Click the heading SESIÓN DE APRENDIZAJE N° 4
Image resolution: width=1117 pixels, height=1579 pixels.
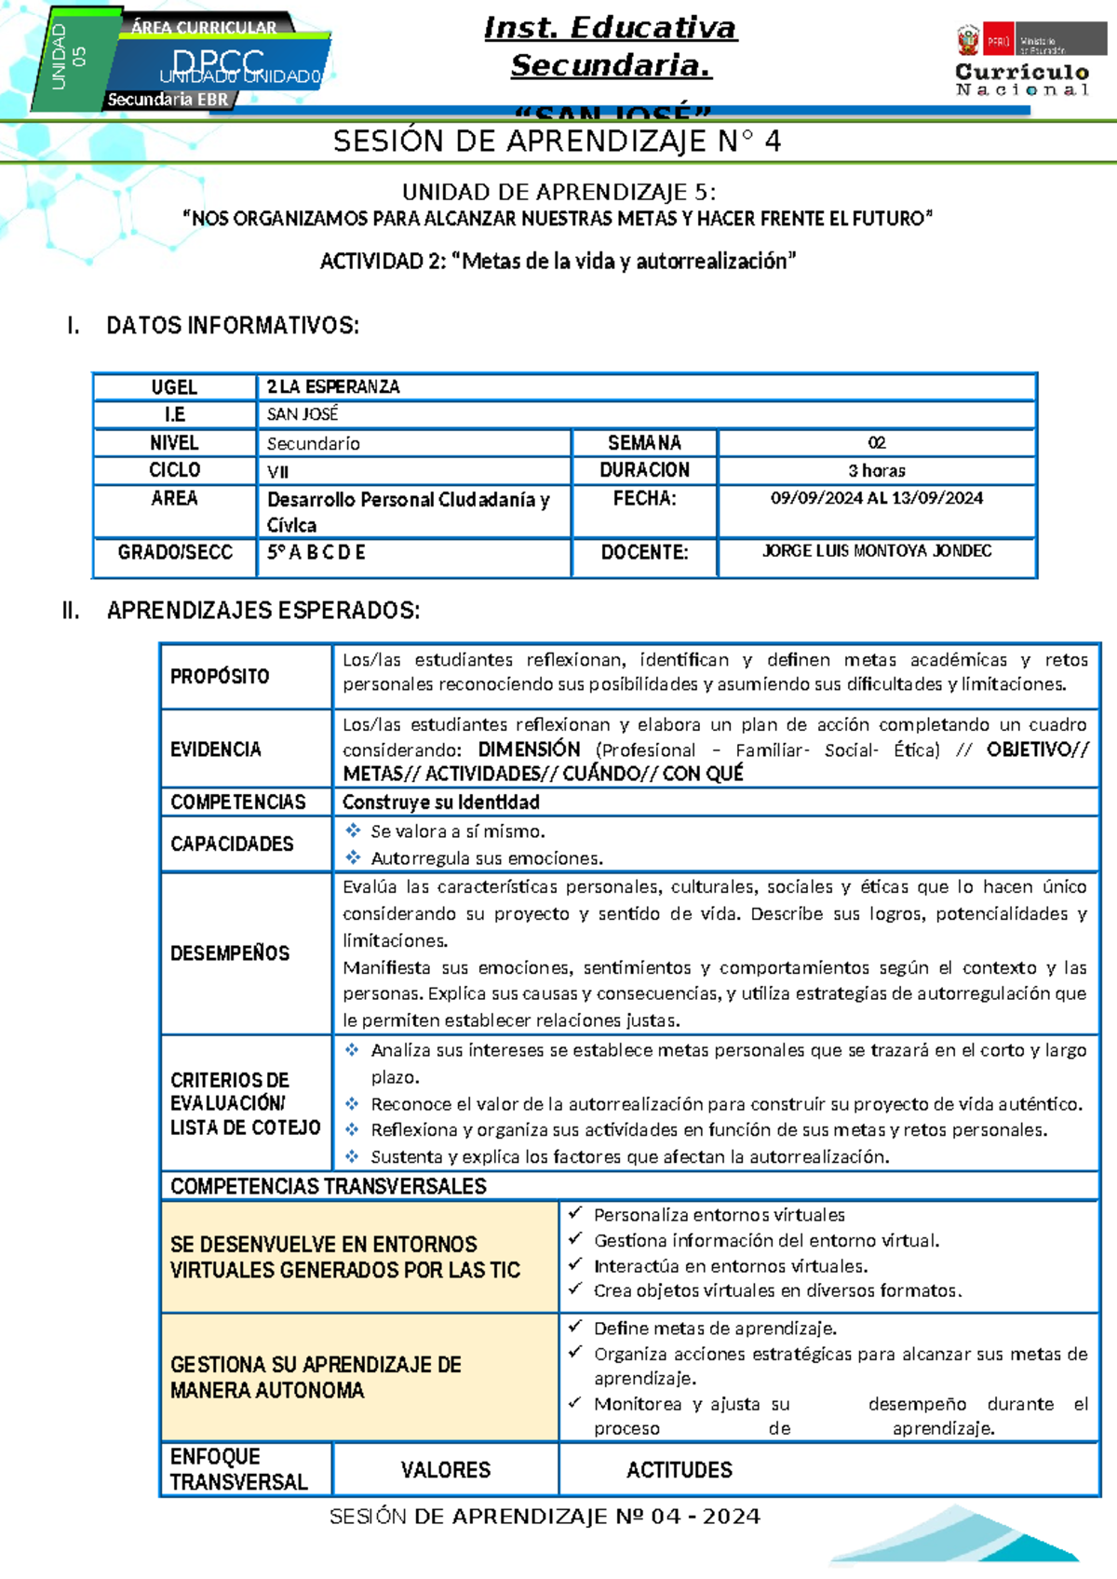(x=557, y=142)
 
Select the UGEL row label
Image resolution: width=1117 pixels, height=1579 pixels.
(x=174, y=387)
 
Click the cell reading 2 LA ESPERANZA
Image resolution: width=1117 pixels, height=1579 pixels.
(x=333, y=387)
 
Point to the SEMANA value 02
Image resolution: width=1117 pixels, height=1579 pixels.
(x=876, y=443)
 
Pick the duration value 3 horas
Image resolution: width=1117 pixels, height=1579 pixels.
(x=876, y=471)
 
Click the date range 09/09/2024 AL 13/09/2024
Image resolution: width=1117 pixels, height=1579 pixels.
(x=876, y=498)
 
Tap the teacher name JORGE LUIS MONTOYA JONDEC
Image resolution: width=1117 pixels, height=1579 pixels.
(x=876, y=551)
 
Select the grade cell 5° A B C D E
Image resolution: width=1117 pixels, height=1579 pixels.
(x=316, y=553)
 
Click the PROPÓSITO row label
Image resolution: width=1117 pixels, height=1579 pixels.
(x=220, y=677)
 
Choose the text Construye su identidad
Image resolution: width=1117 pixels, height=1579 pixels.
(x=440, y=803)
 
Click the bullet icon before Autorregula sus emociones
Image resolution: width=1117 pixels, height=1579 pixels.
(x=353, y=857)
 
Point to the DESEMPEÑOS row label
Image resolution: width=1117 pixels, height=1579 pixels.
(x=230, y=953)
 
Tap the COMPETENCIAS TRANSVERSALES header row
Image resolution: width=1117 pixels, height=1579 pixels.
(x=329, y=1186)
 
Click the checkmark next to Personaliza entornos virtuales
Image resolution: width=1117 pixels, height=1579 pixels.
(x=576, y=1213)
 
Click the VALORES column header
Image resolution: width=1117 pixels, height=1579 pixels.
(x=445, y=1470)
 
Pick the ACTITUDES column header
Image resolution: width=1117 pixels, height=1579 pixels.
(x=679, y=1470)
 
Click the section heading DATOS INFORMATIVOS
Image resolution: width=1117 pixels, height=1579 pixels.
(x=232, y=326)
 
